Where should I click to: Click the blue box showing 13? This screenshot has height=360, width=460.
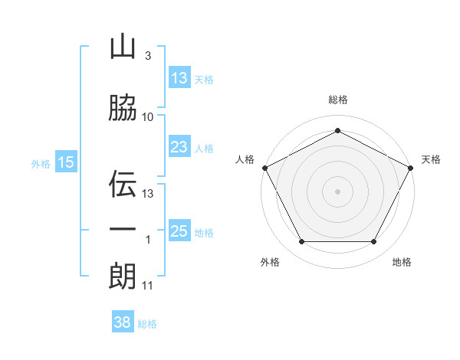tap(179, 78)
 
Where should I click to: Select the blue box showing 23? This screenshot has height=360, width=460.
tap(179, 147)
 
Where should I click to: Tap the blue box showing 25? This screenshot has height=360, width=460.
tap(179, 231)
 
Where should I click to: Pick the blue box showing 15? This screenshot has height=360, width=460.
tap(66, 162)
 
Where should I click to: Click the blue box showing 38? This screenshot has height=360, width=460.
tap(122, 322)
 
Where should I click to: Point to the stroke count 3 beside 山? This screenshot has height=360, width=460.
tap(147, 57)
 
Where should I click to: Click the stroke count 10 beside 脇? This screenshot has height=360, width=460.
tap(148, 116)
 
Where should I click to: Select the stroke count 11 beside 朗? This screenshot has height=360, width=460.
tap(148, 286)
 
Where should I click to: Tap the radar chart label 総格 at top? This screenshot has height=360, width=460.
tap(337, 100)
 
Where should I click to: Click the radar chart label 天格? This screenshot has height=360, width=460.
tap(432, 159)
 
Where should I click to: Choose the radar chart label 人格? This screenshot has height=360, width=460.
tap(245, 159)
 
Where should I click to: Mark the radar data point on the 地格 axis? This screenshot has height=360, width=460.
tap(374, 242)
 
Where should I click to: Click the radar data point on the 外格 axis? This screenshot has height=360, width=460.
tap(301, 242)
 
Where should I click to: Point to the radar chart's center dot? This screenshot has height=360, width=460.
tap(337, 191)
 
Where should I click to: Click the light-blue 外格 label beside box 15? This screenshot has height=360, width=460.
tap(41, 163)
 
